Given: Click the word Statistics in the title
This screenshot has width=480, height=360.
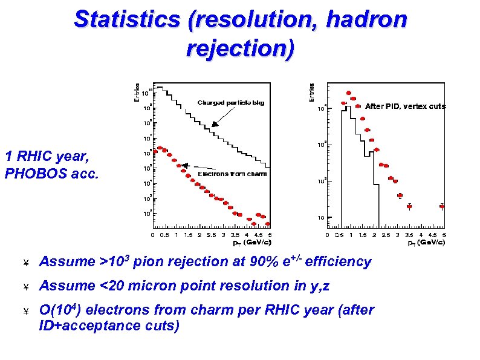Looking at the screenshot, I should coord(126,19).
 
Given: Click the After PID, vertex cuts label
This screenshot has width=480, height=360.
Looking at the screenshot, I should coord(405,106).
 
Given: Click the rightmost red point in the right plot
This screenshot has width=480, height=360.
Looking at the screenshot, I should coord(442,206).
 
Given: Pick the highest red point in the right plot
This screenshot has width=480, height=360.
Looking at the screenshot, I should coord(348,93).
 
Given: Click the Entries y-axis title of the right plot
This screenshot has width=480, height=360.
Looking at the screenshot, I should coord(312,92).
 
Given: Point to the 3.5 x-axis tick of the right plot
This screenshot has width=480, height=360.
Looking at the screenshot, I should coord(409,236).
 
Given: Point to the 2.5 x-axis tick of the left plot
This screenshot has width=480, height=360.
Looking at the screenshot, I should coord(211,236).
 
